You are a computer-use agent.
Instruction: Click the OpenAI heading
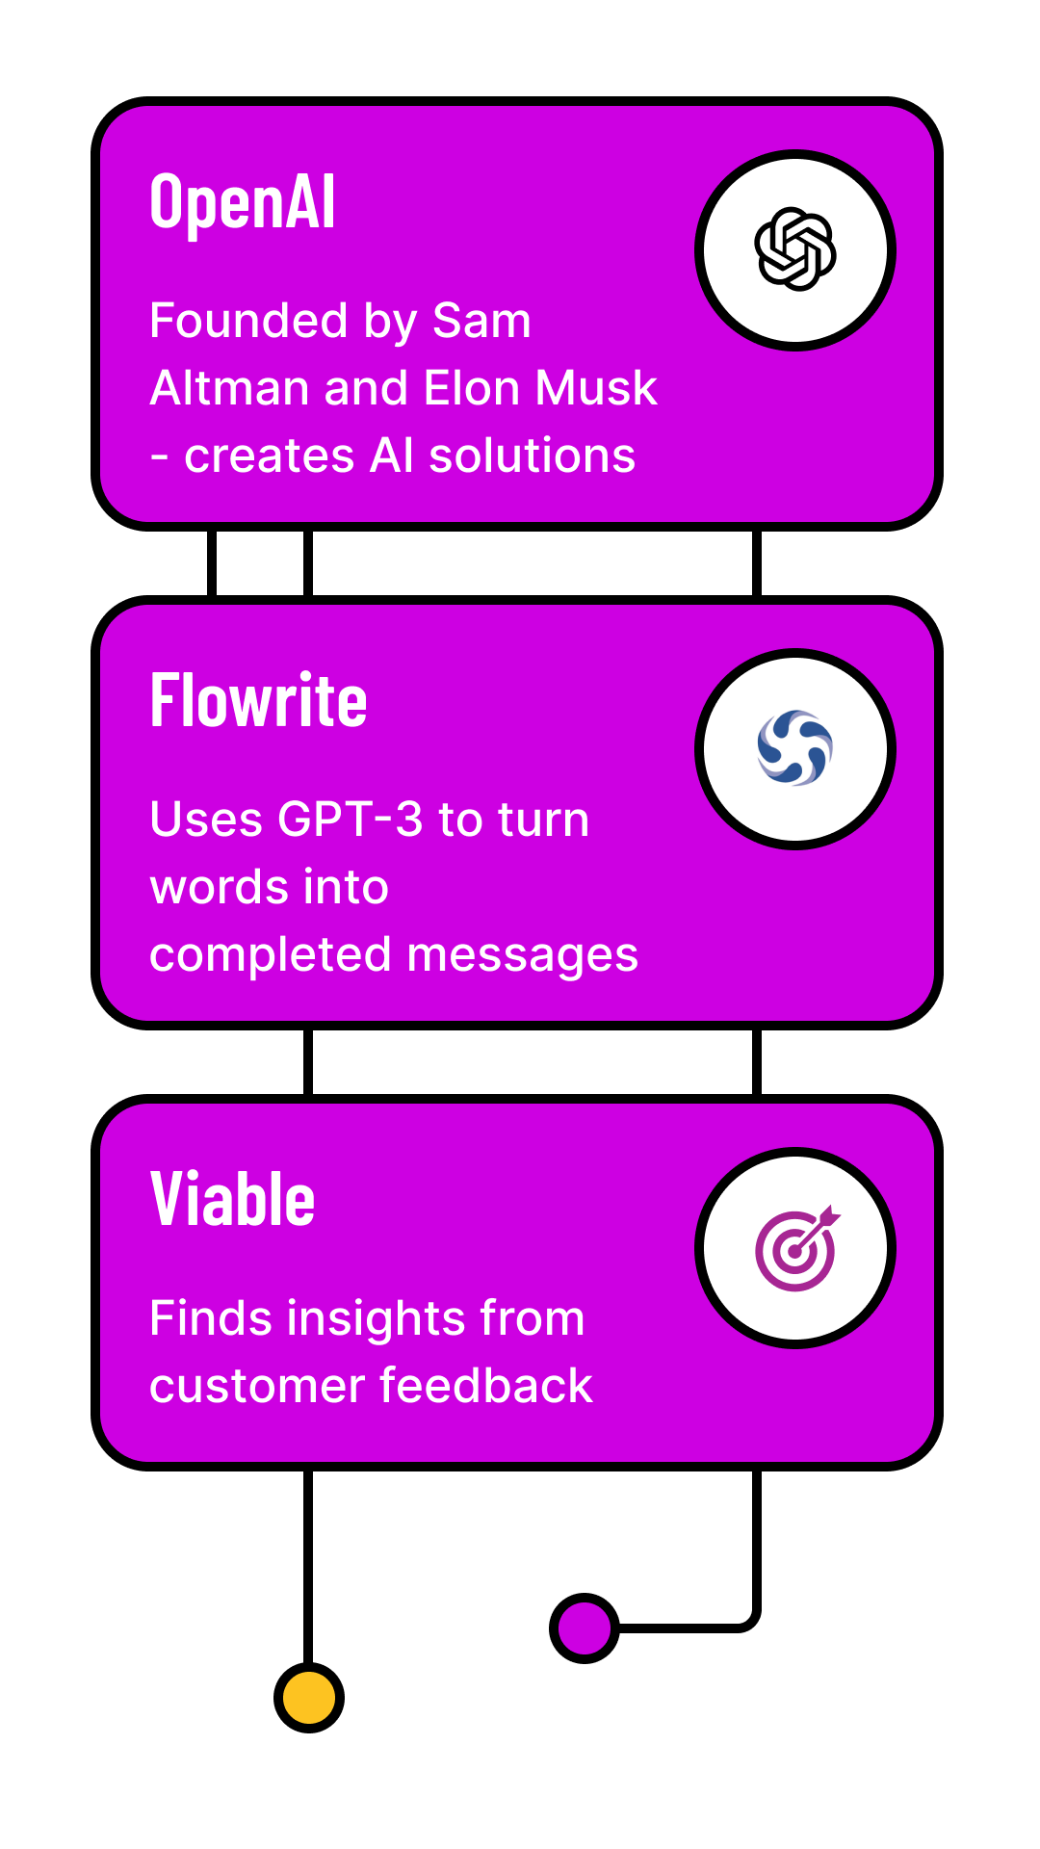click(x=243, y=202)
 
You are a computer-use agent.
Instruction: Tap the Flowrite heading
click(x=258, y=701)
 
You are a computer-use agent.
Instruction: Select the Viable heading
click(x=232, y=1200)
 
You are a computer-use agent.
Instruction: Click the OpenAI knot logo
click(x=795, y=249)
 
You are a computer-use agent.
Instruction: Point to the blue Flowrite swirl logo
click(x=795, y=748)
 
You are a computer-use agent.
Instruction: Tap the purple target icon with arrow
click(x=797, y=1249)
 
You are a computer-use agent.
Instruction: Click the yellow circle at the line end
click(x=309, y=1697)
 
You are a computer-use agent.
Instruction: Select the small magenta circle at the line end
click(x=585, y=1628)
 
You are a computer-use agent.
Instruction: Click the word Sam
click(x=481, y=321)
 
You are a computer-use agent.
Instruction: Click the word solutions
click(x=532, y=456)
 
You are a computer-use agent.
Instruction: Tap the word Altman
click(x=229, y=388)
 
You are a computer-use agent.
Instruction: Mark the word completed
click(x=271, y=955)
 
